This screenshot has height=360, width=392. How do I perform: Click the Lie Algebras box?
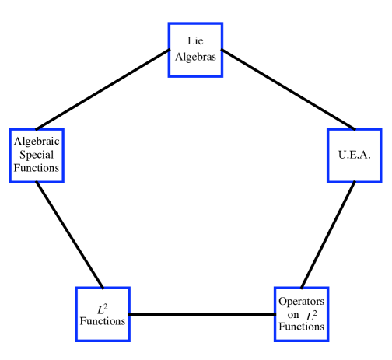coord(195,48)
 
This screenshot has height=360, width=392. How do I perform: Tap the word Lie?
coord(195,40)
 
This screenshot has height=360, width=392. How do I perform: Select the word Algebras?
coord(195,57)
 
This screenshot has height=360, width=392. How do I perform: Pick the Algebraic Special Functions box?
coord(36,155)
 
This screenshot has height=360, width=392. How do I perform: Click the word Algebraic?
coord(36,142)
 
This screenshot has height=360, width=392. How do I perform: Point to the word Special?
coord(36,155)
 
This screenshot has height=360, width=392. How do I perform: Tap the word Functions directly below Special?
coord(36,168)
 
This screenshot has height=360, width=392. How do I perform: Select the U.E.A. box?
coord(354,155)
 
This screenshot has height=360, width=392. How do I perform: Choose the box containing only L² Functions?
coord(103,313)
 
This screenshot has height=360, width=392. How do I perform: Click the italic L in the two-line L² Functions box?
coord(100,308)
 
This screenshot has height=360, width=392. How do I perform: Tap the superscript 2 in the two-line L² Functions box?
coord(107,304)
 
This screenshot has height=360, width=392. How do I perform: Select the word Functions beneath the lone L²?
coord(103,321)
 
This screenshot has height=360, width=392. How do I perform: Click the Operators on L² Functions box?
coord(302,313)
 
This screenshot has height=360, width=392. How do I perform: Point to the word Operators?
coord(302,301)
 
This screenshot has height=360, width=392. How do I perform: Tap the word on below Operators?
coord(292,314)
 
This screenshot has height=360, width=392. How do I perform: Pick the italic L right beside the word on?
coord(308,314)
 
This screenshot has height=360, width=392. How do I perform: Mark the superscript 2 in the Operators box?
coord(314,310)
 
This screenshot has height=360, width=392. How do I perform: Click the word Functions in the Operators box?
coord(302,327)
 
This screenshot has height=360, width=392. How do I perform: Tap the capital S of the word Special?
coord(23,155)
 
